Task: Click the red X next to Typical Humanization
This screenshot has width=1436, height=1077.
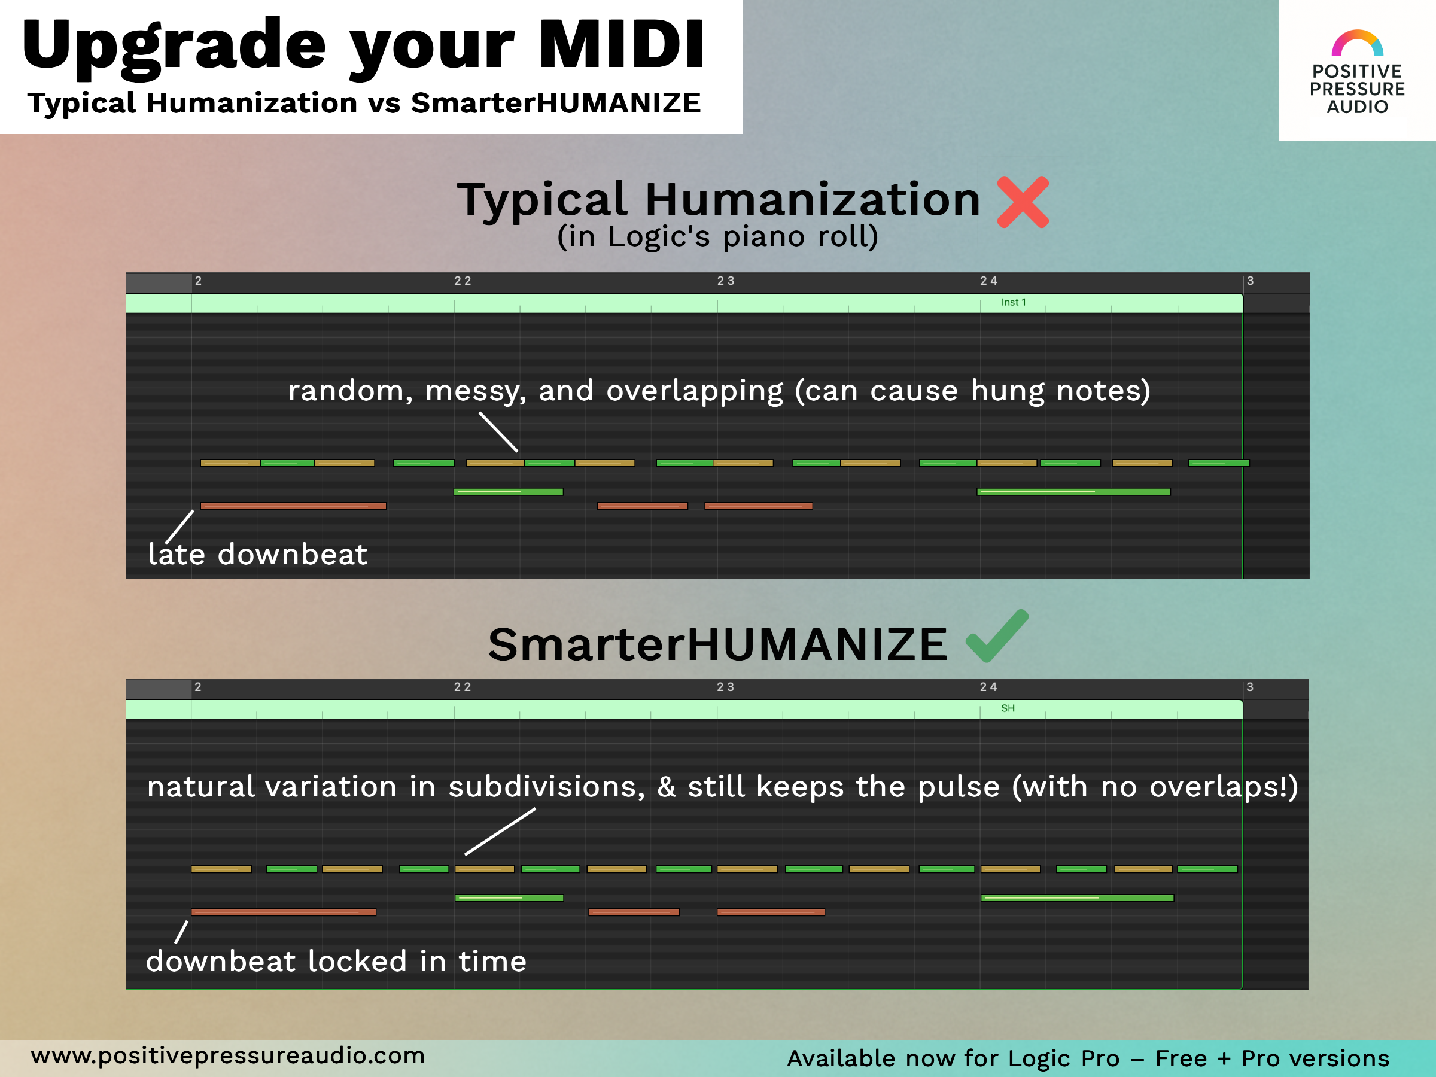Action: (x=1023, y=202)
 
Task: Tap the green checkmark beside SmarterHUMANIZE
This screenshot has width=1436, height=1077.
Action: (x=996, y=637)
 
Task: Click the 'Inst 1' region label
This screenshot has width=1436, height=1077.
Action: (x=1014, y=303)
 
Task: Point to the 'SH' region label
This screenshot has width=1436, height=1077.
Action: (x=1008, y=708)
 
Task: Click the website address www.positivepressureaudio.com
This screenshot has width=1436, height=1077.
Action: (x=228, y=1055)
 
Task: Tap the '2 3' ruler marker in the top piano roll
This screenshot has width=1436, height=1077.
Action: (x=725, y=281)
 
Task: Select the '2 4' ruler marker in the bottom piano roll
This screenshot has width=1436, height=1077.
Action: (x=988, y=687)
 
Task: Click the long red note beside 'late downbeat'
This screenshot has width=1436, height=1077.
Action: (x=293, y=506)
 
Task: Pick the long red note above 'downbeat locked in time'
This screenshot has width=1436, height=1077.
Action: (x=283, y=912)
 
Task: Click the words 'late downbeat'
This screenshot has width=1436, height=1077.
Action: (x=258, y=555)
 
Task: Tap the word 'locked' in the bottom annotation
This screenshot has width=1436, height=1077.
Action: (x=357, y=962)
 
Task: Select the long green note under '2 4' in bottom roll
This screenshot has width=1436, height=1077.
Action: (x=1077, y=898)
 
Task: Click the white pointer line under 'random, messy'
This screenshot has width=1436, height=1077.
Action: (x=498, y=433)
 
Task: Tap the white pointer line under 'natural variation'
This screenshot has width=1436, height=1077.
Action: (x=500, y=832)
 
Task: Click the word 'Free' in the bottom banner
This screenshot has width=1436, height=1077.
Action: (x=1181, y=1058)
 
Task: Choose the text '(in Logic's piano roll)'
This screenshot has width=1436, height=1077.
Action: (x=717, y=237)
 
